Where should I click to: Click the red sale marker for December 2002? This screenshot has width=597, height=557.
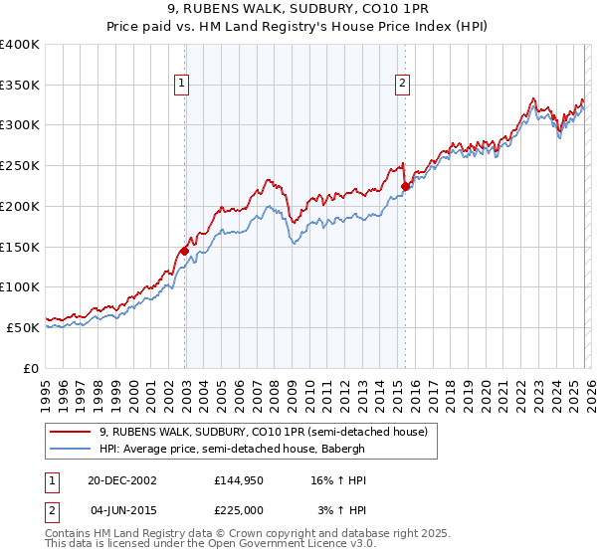[185, 251]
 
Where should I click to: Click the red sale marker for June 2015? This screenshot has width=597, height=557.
[405, 186]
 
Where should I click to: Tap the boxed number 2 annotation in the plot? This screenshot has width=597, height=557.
[403, 85]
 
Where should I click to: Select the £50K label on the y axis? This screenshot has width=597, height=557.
[23, 327]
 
